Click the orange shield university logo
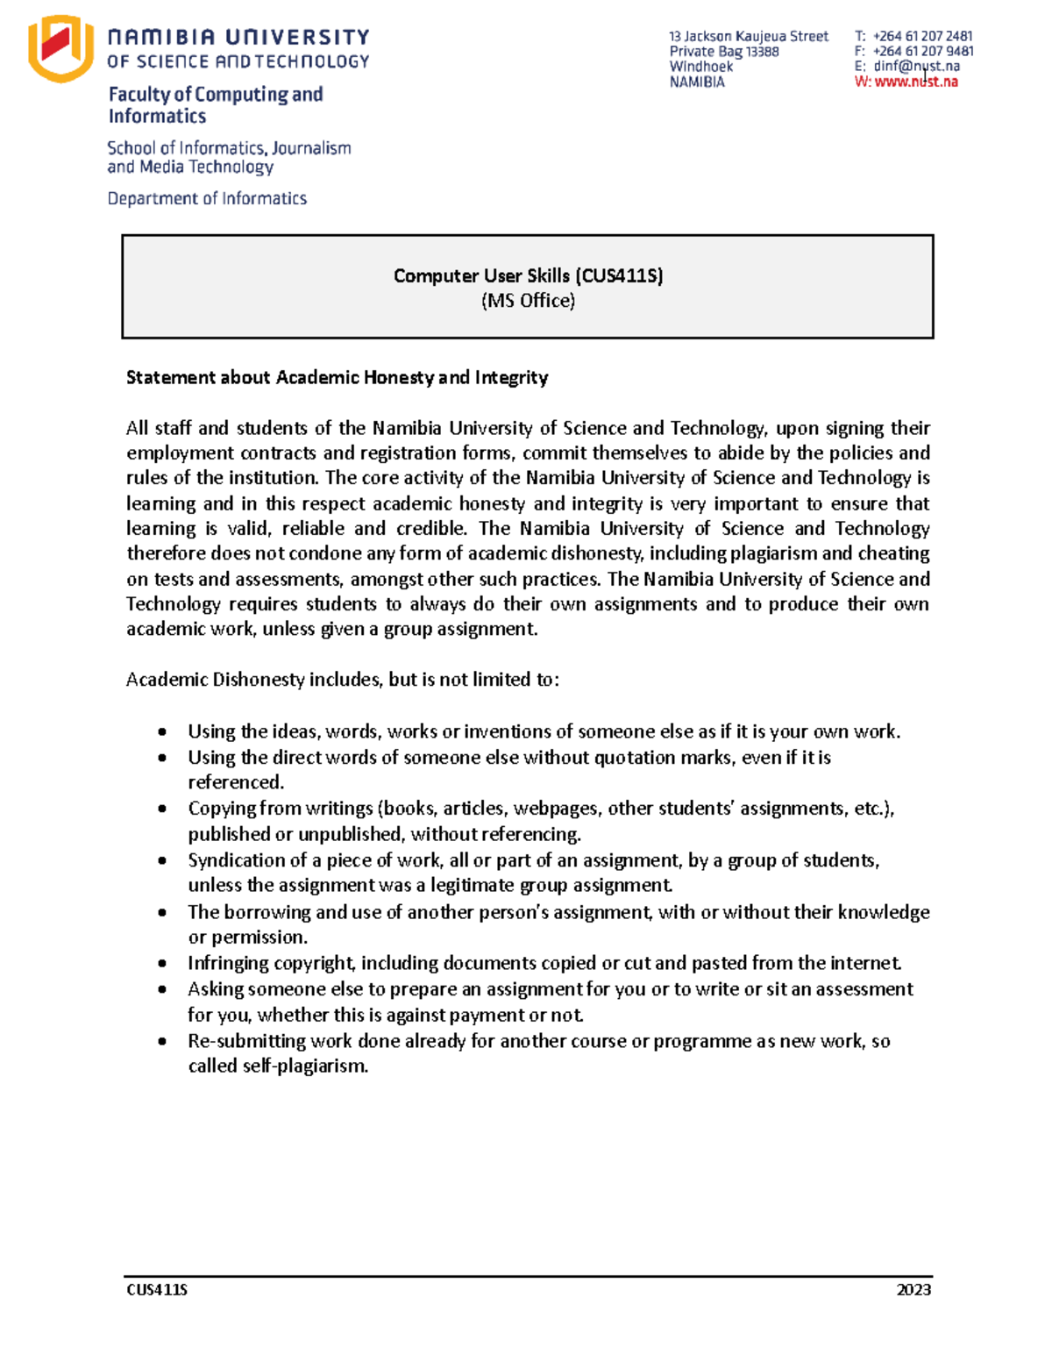click(60, 48)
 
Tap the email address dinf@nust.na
click(916, 66)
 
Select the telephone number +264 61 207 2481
click(922, 36)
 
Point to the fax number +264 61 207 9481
click(922, 51)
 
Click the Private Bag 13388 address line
click(723, 51)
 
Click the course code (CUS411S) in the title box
click(619, 275)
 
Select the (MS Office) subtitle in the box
click(528, 301)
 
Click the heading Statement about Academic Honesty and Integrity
click(337, 377)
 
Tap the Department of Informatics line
click(207, 198)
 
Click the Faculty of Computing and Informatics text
click(216, 104)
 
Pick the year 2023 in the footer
click(913, 1289)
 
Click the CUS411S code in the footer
click(157, 1289)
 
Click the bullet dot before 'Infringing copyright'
click(162, 963)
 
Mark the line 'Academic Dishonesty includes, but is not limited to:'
click(342, 680)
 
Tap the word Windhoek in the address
click(700, 66)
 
